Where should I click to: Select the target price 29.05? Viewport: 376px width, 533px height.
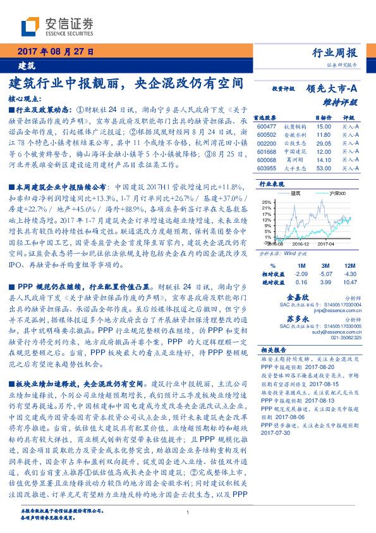tap(324, 144)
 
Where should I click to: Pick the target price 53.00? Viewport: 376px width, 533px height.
tap(324, 168)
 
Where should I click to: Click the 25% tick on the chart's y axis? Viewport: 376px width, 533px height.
tap(266, 202)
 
